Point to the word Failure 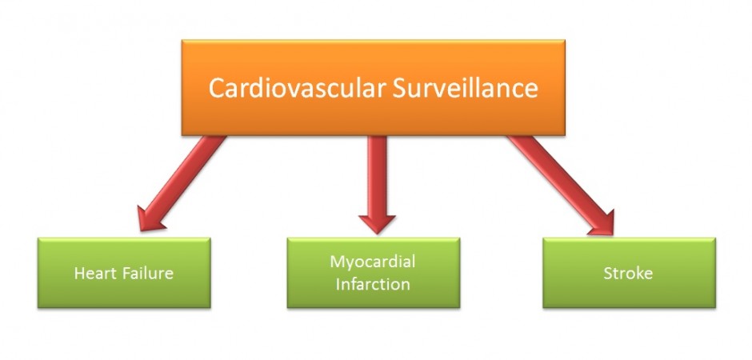tap(147, 274)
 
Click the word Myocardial tap(373, 262)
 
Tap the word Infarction tap(373, 284)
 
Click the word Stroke tap(628, 274)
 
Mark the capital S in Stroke tap(607, 274)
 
